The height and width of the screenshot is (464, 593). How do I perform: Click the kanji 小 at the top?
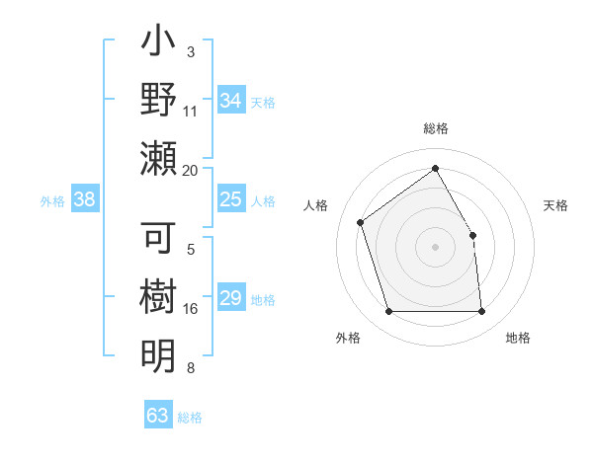coord(158,43)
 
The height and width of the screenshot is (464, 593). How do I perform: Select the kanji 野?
coord(158,100)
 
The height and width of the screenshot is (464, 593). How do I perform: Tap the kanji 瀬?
coord(158,159)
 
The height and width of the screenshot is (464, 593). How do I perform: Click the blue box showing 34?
coord(230,101)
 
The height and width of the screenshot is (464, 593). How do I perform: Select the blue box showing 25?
coord(230,200)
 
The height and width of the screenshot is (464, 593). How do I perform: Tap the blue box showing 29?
coord(230,299)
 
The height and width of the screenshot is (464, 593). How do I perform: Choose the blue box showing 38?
coord(84,200)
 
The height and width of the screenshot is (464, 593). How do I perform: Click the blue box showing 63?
coord(157,416)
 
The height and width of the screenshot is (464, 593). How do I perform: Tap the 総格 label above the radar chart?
coord(435,128)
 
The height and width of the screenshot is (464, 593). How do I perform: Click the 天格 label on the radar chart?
coord(555,205)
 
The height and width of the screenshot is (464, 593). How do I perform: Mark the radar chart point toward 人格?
coord(361,221)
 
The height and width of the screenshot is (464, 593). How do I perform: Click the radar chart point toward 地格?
coord(481,312)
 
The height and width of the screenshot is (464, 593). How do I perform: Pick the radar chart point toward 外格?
coord(388,312)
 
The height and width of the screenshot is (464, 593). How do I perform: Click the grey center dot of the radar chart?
coord(435,247)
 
